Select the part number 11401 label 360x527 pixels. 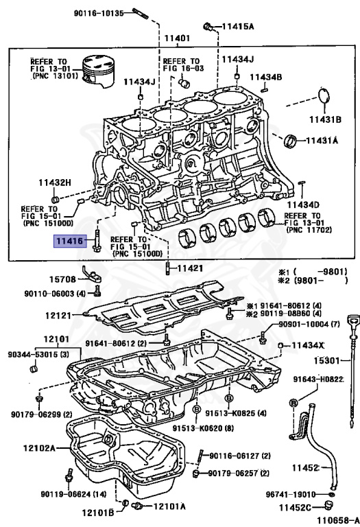(x=176, y=37)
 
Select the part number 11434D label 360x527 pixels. (x=303, y=204)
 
